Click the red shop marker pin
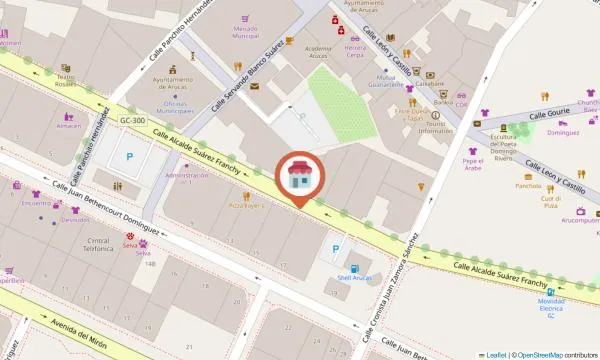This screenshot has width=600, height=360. point(298,178)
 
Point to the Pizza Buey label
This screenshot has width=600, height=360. point(245,205)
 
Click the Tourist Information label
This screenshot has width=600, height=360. point(435,127)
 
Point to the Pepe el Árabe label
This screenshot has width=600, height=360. point(473,165)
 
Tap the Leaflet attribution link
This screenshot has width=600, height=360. point(494,355)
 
